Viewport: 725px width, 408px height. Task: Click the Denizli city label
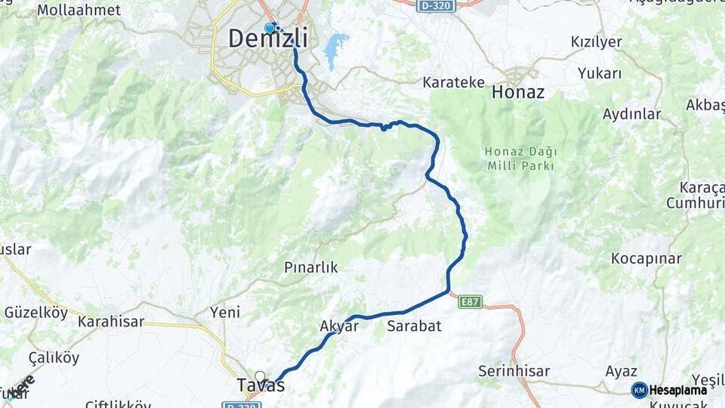[x=267, y=38]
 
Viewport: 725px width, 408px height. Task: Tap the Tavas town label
[x=261, y=386]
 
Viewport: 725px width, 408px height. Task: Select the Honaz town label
[x=517, y=92]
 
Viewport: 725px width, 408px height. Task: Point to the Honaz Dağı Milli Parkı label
[x=521, y=158]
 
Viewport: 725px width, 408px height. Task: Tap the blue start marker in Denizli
[x=270, y=28]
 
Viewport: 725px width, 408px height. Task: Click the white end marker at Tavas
[x=261, y=376]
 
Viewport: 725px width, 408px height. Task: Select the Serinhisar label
[x=514, y=371]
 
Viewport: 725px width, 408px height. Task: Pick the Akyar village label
[x=338, y=326]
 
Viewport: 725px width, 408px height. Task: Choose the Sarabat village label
[x=414, y=326]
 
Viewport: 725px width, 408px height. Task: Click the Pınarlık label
[x=310, y=267]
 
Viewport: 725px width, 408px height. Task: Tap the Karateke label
[x=453, y=82]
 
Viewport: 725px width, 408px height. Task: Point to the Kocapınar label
[x=646, y=258]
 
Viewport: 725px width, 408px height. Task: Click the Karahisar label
[x=111, y=320]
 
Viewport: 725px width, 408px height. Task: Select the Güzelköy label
[x=35, y=312]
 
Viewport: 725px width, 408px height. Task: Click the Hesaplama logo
[x=669, y=390]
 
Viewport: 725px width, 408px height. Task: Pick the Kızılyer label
[x=596, y=42]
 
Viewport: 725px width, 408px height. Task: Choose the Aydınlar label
[x=631, y=114]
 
